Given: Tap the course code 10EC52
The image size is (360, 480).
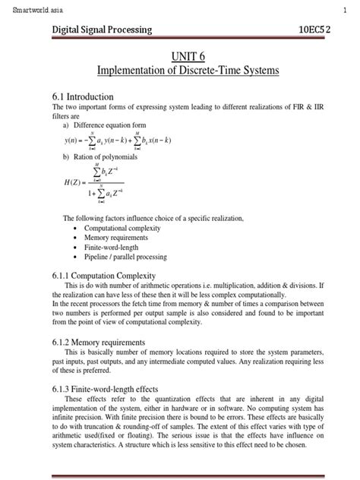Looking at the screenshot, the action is click(325, 30).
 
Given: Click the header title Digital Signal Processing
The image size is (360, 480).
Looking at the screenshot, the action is click(102, 30).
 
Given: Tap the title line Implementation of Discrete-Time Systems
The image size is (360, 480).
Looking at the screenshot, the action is click(188, 71).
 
